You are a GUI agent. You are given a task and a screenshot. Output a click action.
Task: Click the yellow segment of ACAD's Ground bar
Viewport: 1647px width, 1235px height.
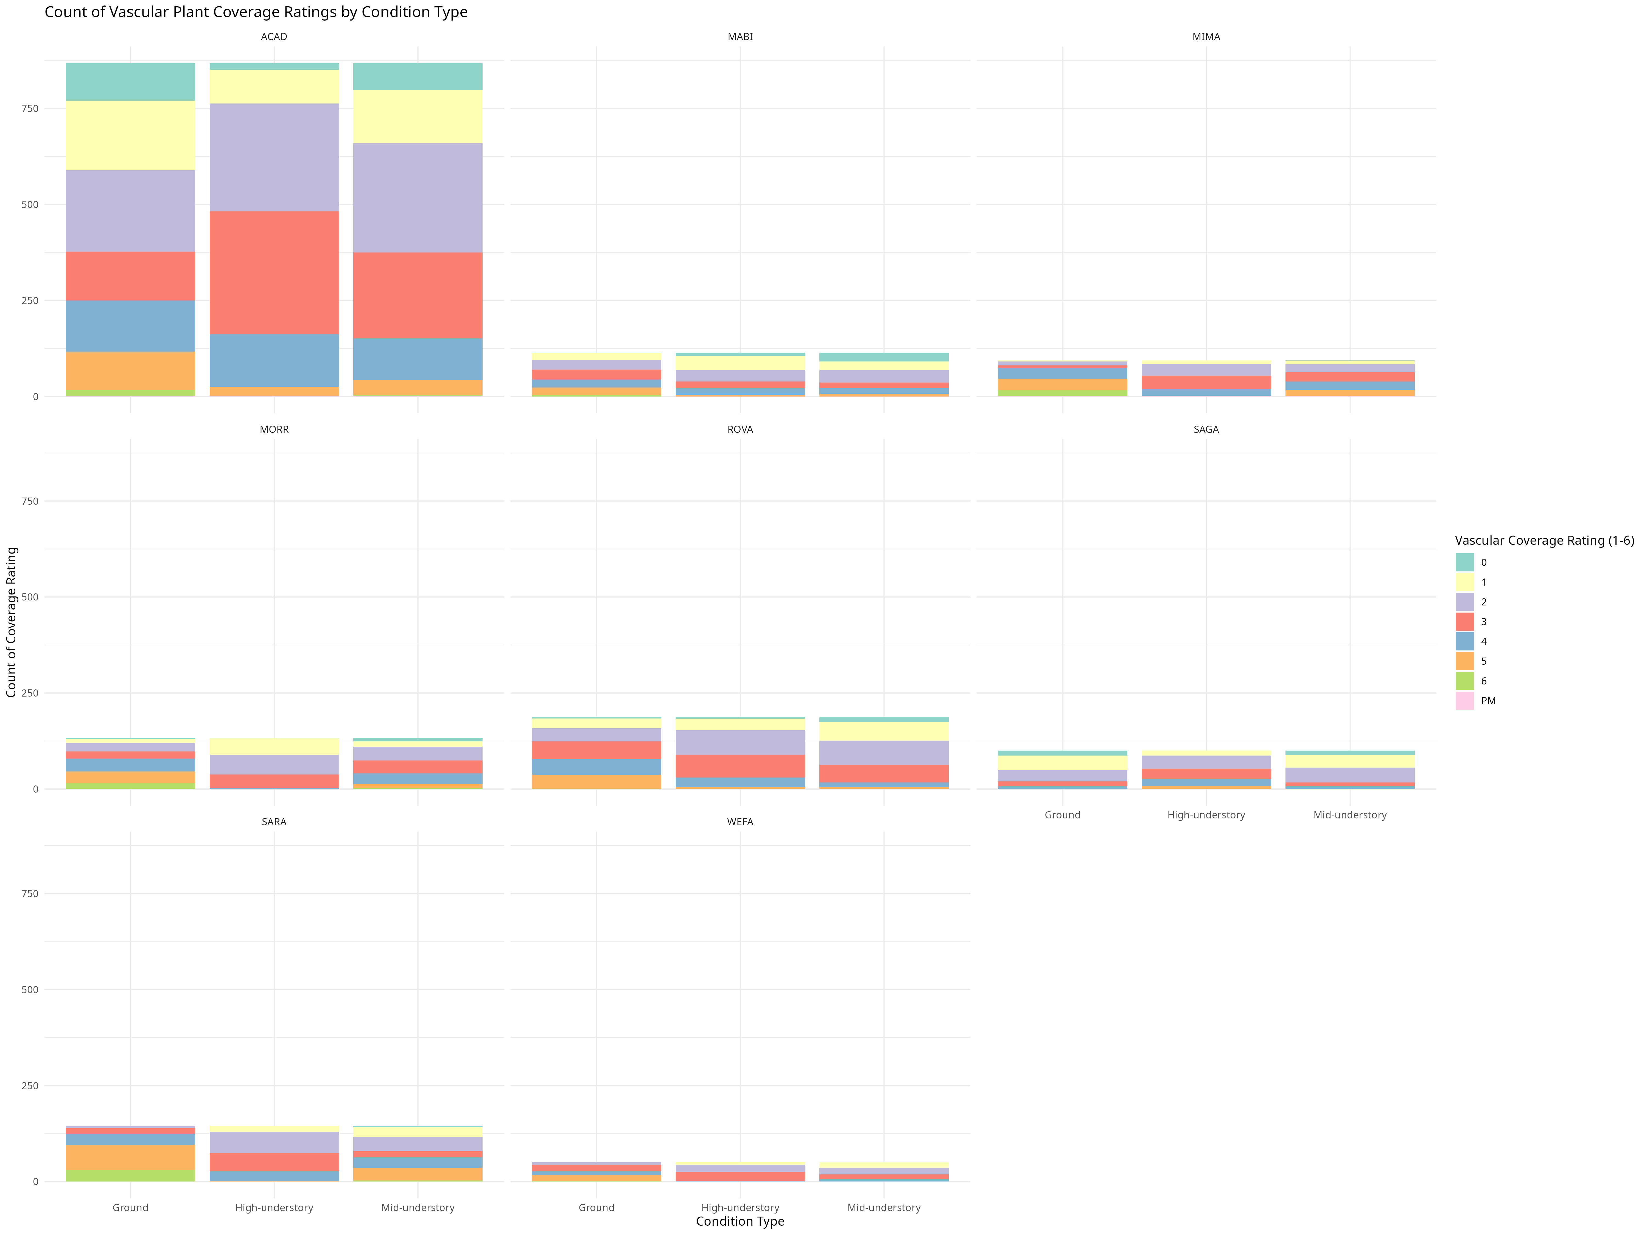130,136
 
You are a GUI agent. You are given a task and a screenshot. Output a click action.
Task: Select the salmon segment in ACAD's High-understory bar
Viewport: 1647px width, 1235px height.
274,273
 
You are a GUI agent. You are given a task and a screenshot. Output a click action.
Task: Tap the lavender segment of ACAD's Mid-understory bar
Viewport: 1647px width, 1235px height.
418,198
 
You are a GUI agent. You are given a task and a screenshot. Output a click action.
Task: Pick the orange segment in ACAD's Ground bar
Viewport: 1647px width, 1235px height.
130,370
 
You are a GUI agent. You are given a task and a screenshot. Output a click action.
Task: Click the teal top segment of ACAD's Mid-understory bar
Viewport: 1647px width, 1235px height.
418,77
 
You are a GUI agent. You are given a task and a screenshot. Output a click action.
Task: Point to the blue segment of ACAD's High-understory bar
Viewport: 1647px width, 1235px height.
274,360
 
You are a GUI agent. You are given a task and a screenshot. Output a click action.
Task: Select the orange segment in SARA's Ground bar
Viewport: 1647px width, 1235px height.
130,1158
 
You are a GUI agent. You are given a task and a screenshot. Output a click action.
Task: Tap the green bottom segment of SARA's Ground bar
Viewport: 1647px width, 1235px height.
130,1175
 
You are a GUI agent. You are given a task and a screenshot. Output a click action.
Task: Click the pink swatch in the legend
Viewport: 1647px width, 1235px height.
1464,700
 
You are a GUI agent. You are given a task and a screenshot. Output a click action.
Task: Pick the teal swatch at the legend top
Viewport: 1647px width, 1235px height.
1464,562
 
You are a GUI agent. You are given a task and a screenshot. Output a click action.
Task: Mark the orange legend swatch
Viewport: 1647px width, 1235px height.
1464,661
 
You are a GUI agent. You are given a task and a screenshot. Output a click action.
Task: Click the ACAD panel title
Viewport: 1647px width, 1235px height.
274,37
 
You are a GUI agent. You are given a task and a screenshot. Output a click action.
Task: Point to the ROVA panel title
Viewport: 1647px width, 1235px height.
740,430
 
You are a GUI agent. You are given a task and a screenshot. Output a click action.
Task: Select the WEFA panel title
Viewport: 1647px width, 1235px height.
740,822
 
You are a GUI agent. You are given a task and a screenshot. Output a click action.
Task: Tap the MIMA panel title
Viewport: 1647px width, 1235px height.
1206,37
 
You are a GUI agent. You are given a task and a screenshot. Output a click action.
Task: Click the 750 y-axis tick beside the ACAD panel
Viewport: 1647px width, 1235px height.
30,109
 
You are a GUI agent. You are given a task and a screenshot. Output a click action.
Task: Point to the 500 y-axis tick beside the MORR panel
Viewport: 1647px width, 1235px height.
30,597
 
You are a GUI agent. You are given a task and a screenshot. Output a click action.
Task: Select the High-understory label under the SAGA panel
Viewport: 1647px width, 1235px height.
1206,815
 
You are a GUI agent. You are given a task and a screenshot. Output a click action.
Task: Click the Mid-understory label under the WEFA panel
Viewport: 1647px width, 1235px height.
884,1208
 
